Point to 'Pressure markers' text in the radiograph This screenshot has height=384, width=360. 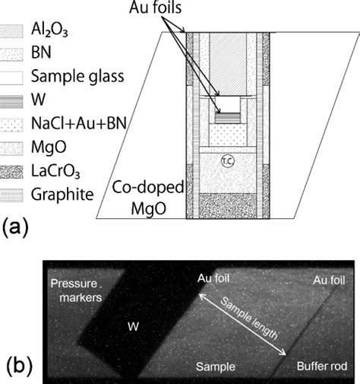[76, 290]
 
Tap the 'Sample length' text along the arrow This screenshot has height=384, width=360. [248, 324]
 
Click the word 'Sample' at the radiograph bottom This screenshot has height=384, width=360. [211, 366]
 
